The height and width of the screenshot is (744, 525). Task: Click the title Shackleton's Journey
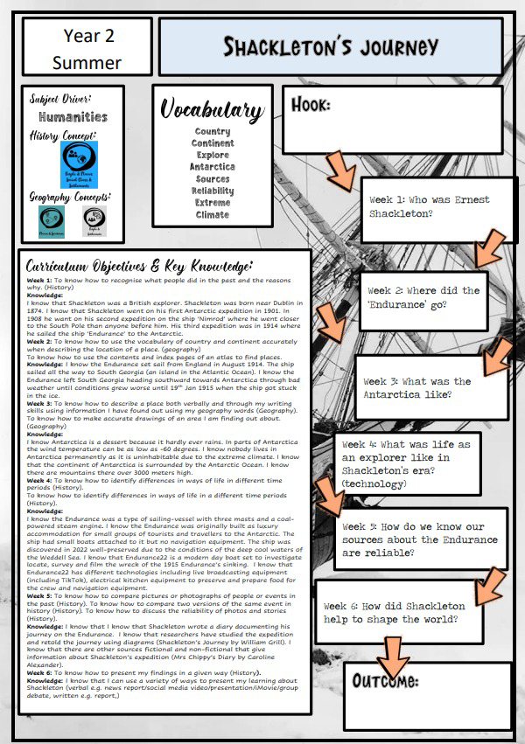click(x=330, y=46)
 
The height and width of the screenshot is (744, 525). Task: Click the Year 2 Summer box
click(x=87, y=49)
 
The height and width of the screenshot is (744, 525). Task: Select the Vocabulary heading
click(x=212, y=110)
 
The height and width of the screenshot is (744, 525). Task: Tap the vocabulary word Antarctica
click(x=213, y=166)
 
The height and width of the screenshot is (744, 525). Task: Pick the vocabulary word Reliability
click(x=213, y=191)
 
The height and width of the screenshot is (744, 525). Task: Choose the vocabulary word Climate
click(x=213, y=214)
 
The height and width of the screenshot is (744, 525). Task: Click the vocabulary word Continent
click(x=213, y=143)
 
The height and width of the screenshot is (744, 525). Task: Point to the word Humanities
click(x=73, y=116)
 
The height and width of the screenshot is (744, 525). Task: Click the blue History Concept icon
click(x=78, y=163)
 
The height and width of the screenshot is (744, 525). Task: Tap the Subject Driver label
click(x=59, y=98)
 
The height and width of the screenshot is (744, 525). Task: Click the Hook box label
click(x=311, y=106)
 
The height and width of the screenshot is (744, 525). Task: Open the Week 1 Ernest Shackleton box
click(x=429, y=206)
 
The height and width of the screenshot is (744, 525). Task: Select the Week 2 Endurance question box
click(x=423, y=297)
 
